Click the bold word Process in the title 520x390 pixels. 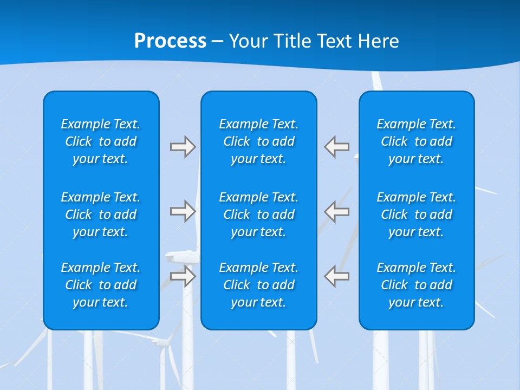[x=170, y=41]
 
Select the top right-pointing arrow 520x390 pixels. [x=183, y=147]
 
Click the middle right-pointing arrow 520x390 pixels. [x=183, y=211]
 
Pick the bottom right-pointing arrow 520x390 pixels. [x=183, y=276]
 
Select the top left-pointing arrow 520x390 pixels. [x=336, y=147]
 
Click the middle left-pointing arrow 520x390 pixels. [x=336, y=211]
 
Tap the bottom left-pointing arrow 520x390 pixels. [x=336, y=276]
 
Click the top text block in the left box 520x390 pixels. [x=101, y=141]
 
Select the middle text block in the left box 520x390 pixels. [x=101, y=214]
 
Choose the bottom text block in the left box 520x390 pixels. [x=101, y=285]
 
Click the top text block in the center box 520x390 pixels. [x=259, y=141]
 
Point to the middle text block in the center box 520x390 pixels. [x=259, y=214]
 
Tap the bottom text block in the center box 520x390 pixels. [x=259, y=285]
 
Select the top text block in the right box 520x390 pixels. [x=417, y=141]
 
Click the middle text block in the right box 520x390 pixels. [x=417, y=214]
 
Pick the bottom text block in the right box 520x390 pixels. [x=417, y=285]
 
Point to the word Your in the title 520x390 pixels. [x=250, y=41]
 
